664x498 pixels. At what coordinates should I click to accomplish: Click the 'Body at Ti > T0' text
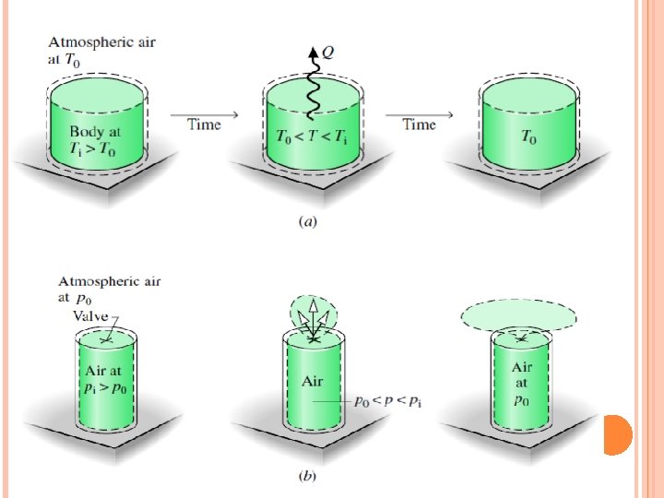(94, 140)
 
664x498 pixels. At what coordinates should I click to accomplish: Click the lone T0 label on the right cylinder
(529, 138)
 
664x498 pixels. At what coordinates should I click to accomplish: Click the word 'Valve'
(89, 314)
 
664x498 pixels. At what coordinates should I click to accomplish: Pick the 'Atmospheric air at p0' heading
(111, 290)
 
